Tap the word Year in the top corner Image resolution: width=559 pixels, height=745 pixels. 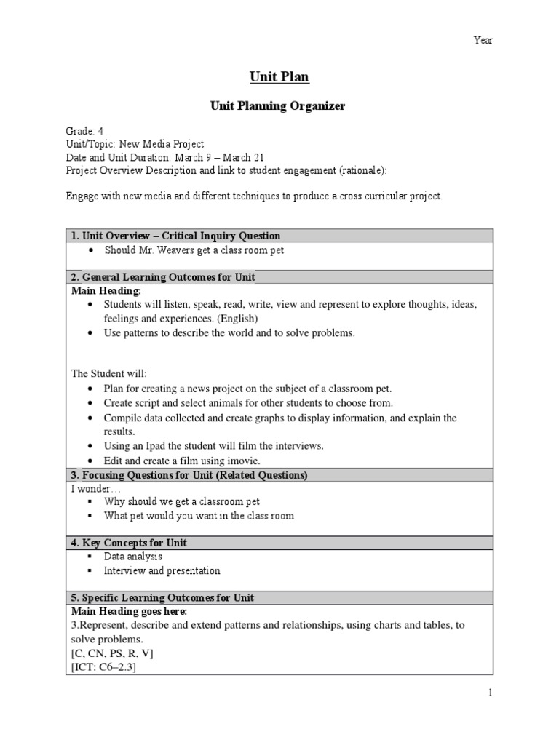coord(483,40)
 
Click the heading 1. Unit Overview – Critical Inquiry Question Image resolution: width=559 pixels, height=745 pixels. coord(175,236)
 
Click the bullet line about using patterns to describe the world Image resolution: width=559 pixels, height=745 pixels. coord(229,332)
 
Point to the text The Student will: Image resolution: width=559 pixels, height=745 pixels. coord(108,373)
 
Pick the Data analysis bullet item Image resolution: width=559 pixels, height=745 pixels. coord(132,557)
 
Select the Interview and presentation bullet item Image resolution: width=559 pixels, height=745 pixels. coord(162,570)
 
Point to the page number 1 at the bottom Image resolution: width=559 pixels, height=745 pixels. coord(490,693)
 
